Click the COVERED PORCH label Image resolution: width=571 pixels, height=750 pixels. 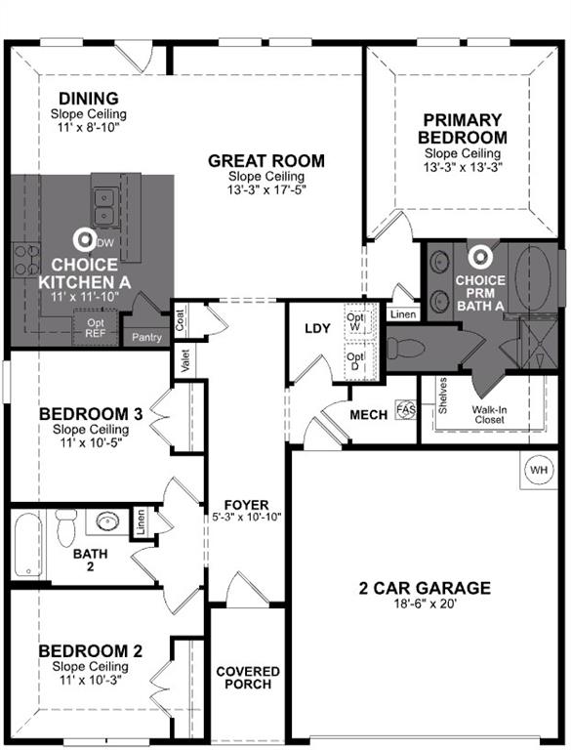point(248,678)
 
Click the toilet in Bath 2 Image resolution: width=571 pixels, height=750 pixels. point(66,527)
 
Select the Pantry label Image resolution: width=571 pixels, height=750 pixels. point(148,338)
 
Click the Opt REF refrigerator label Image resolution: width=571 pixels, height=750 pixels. point(96,328)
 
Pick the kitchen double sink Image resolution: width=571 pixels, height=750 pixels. point(106,206)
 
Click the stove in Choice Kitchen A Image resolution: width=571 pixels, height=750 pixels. point(24,259)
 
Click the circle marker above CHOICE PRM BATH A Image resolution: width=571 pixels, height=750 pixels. point(479,257)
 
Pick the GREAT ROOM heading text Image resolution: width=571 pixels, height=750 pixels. point(265,161)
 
